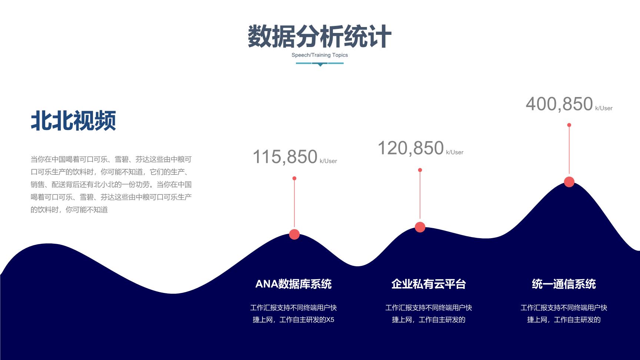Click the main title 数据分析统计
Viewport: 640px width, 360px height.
point(319,36)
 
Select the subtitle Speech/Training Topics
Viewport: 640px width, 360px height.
point(320,55)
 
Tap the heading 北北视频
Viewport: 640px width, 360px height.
point(73,120)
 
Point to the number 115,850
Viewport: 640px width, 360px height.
point(285,157)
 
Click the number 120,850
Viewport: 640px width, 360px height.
point(410,148)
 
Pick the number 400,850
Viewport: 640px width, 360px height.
point(559,104)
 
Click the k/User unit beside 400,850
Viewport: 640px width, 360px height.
point(604,108)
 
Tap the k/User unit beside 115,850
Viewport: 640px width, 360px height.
point(328,161)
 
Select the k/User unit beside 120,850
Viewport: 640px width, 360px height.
point(454,152)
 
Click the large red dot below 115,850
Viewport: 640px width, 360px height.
point(294,234)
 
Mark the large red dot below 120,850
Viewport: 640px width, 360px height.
point(420,227)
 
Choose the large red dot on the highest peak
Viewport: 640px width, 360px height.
point(569,182)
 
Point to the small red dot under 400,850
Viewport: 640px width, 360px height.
point(569,125)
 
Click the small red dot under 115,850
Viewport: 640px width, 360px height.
point(294,179)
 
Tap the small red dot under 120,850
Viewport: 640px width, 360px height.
point(420,170)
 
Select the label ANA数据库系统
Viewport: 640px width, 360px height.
point(293,284)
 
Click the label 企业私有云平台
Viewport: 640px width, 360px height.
point(429,284)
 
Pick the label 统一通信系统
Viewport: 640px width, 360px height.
point(564,284)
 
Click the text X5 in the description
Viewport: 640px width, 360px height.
point(330,320)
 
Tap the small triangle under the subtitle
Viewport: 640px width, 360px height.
point(320,65)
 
